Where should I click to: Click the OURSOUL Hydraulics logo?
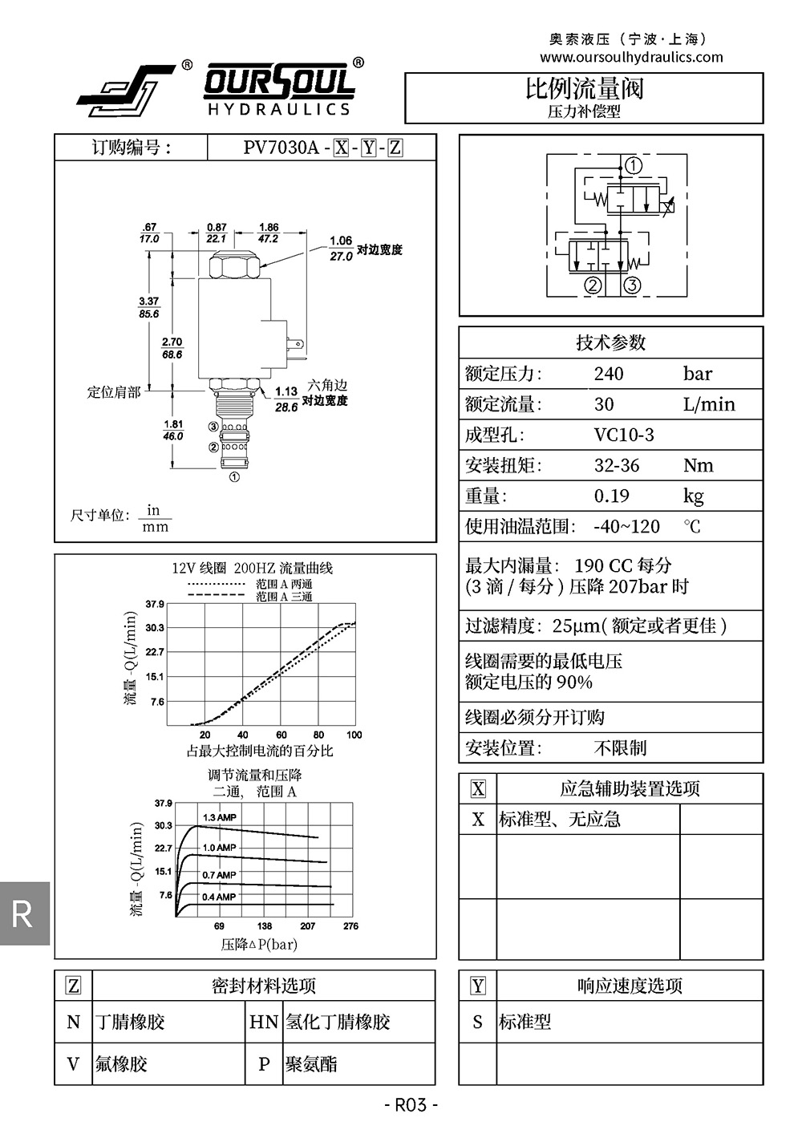(x=217, y=88)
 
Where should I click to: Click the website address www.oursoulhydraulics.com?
(x=631, y=57)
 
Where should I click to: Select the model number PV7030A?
(x=281, y=148)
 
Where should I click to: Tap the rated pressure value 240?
(x=609, y=374)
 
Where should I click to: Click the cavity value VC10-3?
(x=624, y=435)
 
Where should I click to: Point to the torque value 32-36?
(x=617, y=466)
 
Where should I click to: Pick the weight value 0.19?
(x=611, y=496)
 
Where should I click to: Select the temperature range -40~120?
(x=626, y=527)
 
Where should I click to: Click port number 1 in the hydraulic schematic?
(x=634, y=166)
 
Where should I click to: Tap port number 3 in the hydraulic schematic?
(x=632, y=285)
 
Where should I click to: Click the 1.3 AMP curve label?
(x=220, y=818)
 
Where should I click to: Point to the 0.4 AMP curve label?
(x=219, y=897)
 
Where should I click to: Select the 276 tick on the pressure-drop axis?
(x=350, y=926)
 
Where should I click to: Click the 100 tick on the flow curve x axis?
(x=354, y=735)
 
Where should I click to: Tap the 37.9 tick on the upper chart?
(x=155, y=604)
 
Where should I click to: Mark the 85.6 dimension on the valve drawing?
(x=149, y=314)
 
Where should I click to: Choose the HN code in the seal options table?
(x=264, y=1023)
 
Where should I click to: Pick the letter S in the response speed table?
(x=478, y=1023)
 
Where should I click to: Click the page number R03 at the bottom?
(x=411, y=1105)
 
